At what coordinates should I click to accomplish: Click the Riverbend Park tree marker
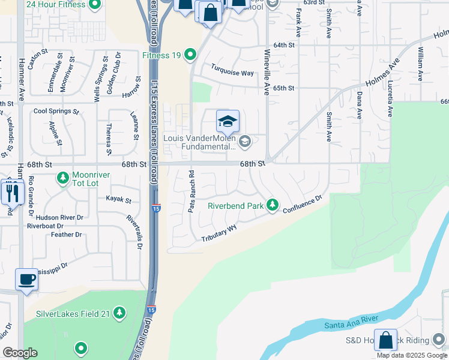click(x=273, y=206)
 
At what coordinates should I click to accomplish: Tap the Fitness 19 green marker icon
click(x=191, y=56)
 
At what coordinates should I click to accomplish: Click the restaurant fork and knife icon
click(x=12, y=192)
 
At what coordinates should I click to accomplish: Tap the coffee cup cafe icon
click(x=26, y=280)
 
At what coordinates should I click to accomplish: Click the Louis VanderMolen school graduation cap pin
click(x=228, y=122)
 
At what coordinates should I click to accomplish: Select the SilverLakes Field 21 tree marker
click(x=120, y=313)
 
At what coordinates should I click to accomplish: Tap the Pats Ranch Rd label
click(x=191, y=191)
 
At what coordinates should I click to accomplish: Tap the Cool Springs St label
click(x=56, y=111)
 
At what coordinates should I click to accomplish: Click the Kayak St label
click(x=118, y=199)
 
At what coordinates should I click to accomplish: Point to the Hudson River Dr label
click(x=59, y=217)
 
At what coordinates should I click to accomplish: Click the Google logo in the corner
click(x=20, y=353)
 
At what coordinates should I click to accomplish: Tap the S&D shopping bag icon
click(x=385, y=340)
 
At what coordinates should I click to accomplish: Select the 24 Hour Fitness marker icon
click(x=94, y=6)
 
